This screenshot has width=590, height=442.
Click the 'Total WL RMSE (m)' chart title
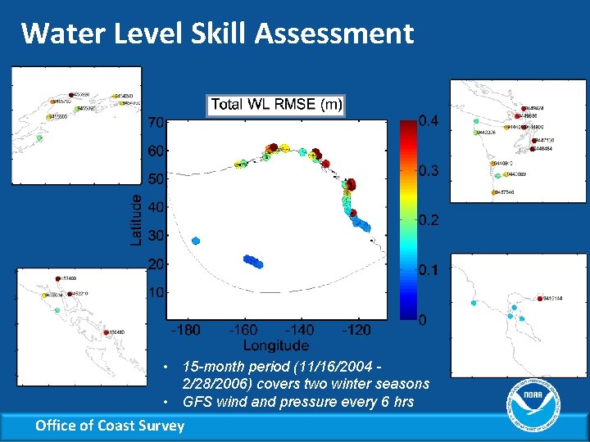pos(276,105)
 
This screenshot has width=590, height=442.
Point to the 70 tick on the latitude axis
pos(157,123)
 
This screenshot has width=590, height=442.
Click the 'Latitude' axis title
pos(136,219)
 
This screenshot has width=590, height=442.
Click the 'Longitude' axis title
pos(275,345)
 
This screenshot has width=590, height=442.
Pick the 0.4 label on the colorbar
pos(429,121)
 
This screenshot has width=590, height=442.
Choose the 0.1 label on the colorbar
pos(429,270)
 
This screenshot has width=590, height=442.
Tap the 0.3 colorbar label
pos(429,171)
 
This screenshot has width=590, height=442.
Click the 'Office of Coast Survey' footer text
pos(110,425)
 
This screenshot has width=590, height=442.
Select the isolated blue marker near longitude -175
pos(196,241)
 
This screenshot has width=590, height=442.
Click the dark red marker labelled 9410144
pos(538,298)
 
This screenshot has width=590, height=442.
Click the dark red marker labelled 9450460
pos(107,332)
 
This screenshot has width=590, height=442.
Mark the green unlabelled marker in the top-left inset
pos(39,138)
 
